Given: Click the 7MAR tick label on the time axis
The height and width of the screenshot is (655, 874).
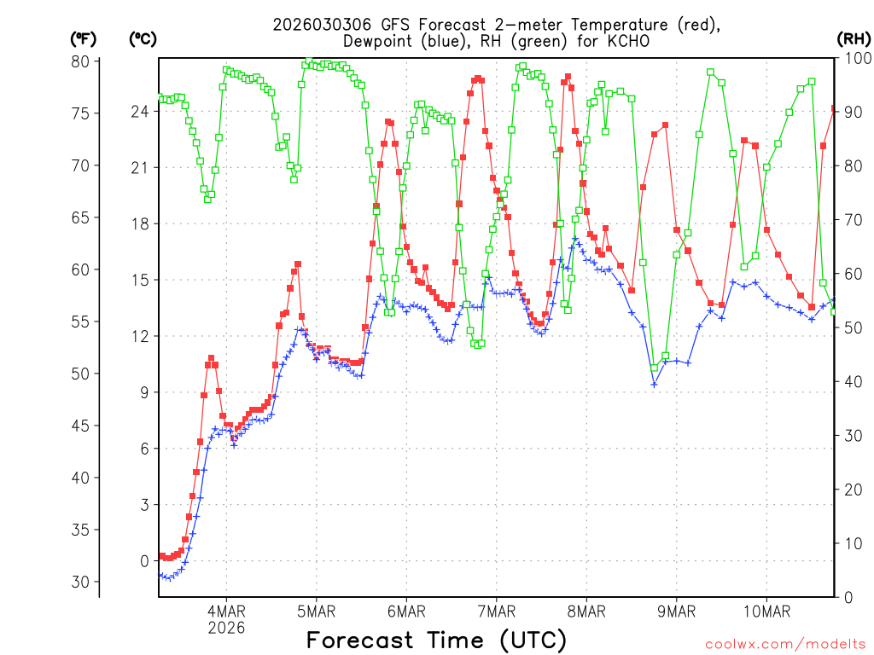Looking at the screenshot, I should tap(496, 611).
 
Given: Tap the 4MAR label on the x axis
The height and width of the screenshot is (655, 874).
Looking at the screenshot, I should tap(226, 611).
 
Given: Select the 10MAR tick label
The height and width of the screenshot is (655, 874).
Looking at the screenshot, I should tap(766, 611).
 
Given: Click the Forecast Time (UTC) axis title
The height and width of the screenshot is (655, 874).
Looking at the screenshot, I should tap(436, 640).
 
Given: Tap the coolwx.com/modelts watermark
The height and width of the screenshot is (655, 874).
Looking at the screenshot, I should tap(784, 644).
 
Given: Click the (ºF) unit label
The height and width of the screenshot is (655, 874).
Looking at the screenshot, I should tap(84, 38).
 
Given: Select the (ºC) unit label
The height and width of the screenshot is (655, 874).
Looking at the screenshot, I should tap(143, 38).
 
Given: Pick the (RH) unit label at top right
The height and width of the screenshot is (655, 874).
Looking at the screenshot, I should tap(854, 38).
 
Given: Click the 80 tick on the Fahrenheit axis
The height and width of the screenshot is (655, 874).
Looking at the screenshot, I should tap(80, 61).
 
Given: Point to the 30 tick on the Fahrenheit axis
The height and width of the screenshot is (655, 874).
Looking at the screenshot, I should tap(80, 582).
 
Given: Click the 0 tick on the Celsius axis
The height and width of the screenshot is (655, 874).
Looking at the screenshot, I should tap(144, 561).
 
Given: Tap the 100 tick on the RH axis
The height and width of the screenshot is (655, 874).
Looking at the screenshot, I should tap(855, 58).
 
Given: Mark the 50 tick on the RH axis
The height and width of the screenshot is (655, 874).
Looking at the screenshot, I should tap(852, 327).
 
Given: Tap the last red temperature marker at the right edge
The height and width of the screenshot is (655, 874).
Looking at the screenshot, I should tap(834, 108).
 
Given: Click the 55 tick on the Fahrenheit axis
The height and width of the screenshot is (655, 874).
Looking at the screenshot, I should tap(80, 322).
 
